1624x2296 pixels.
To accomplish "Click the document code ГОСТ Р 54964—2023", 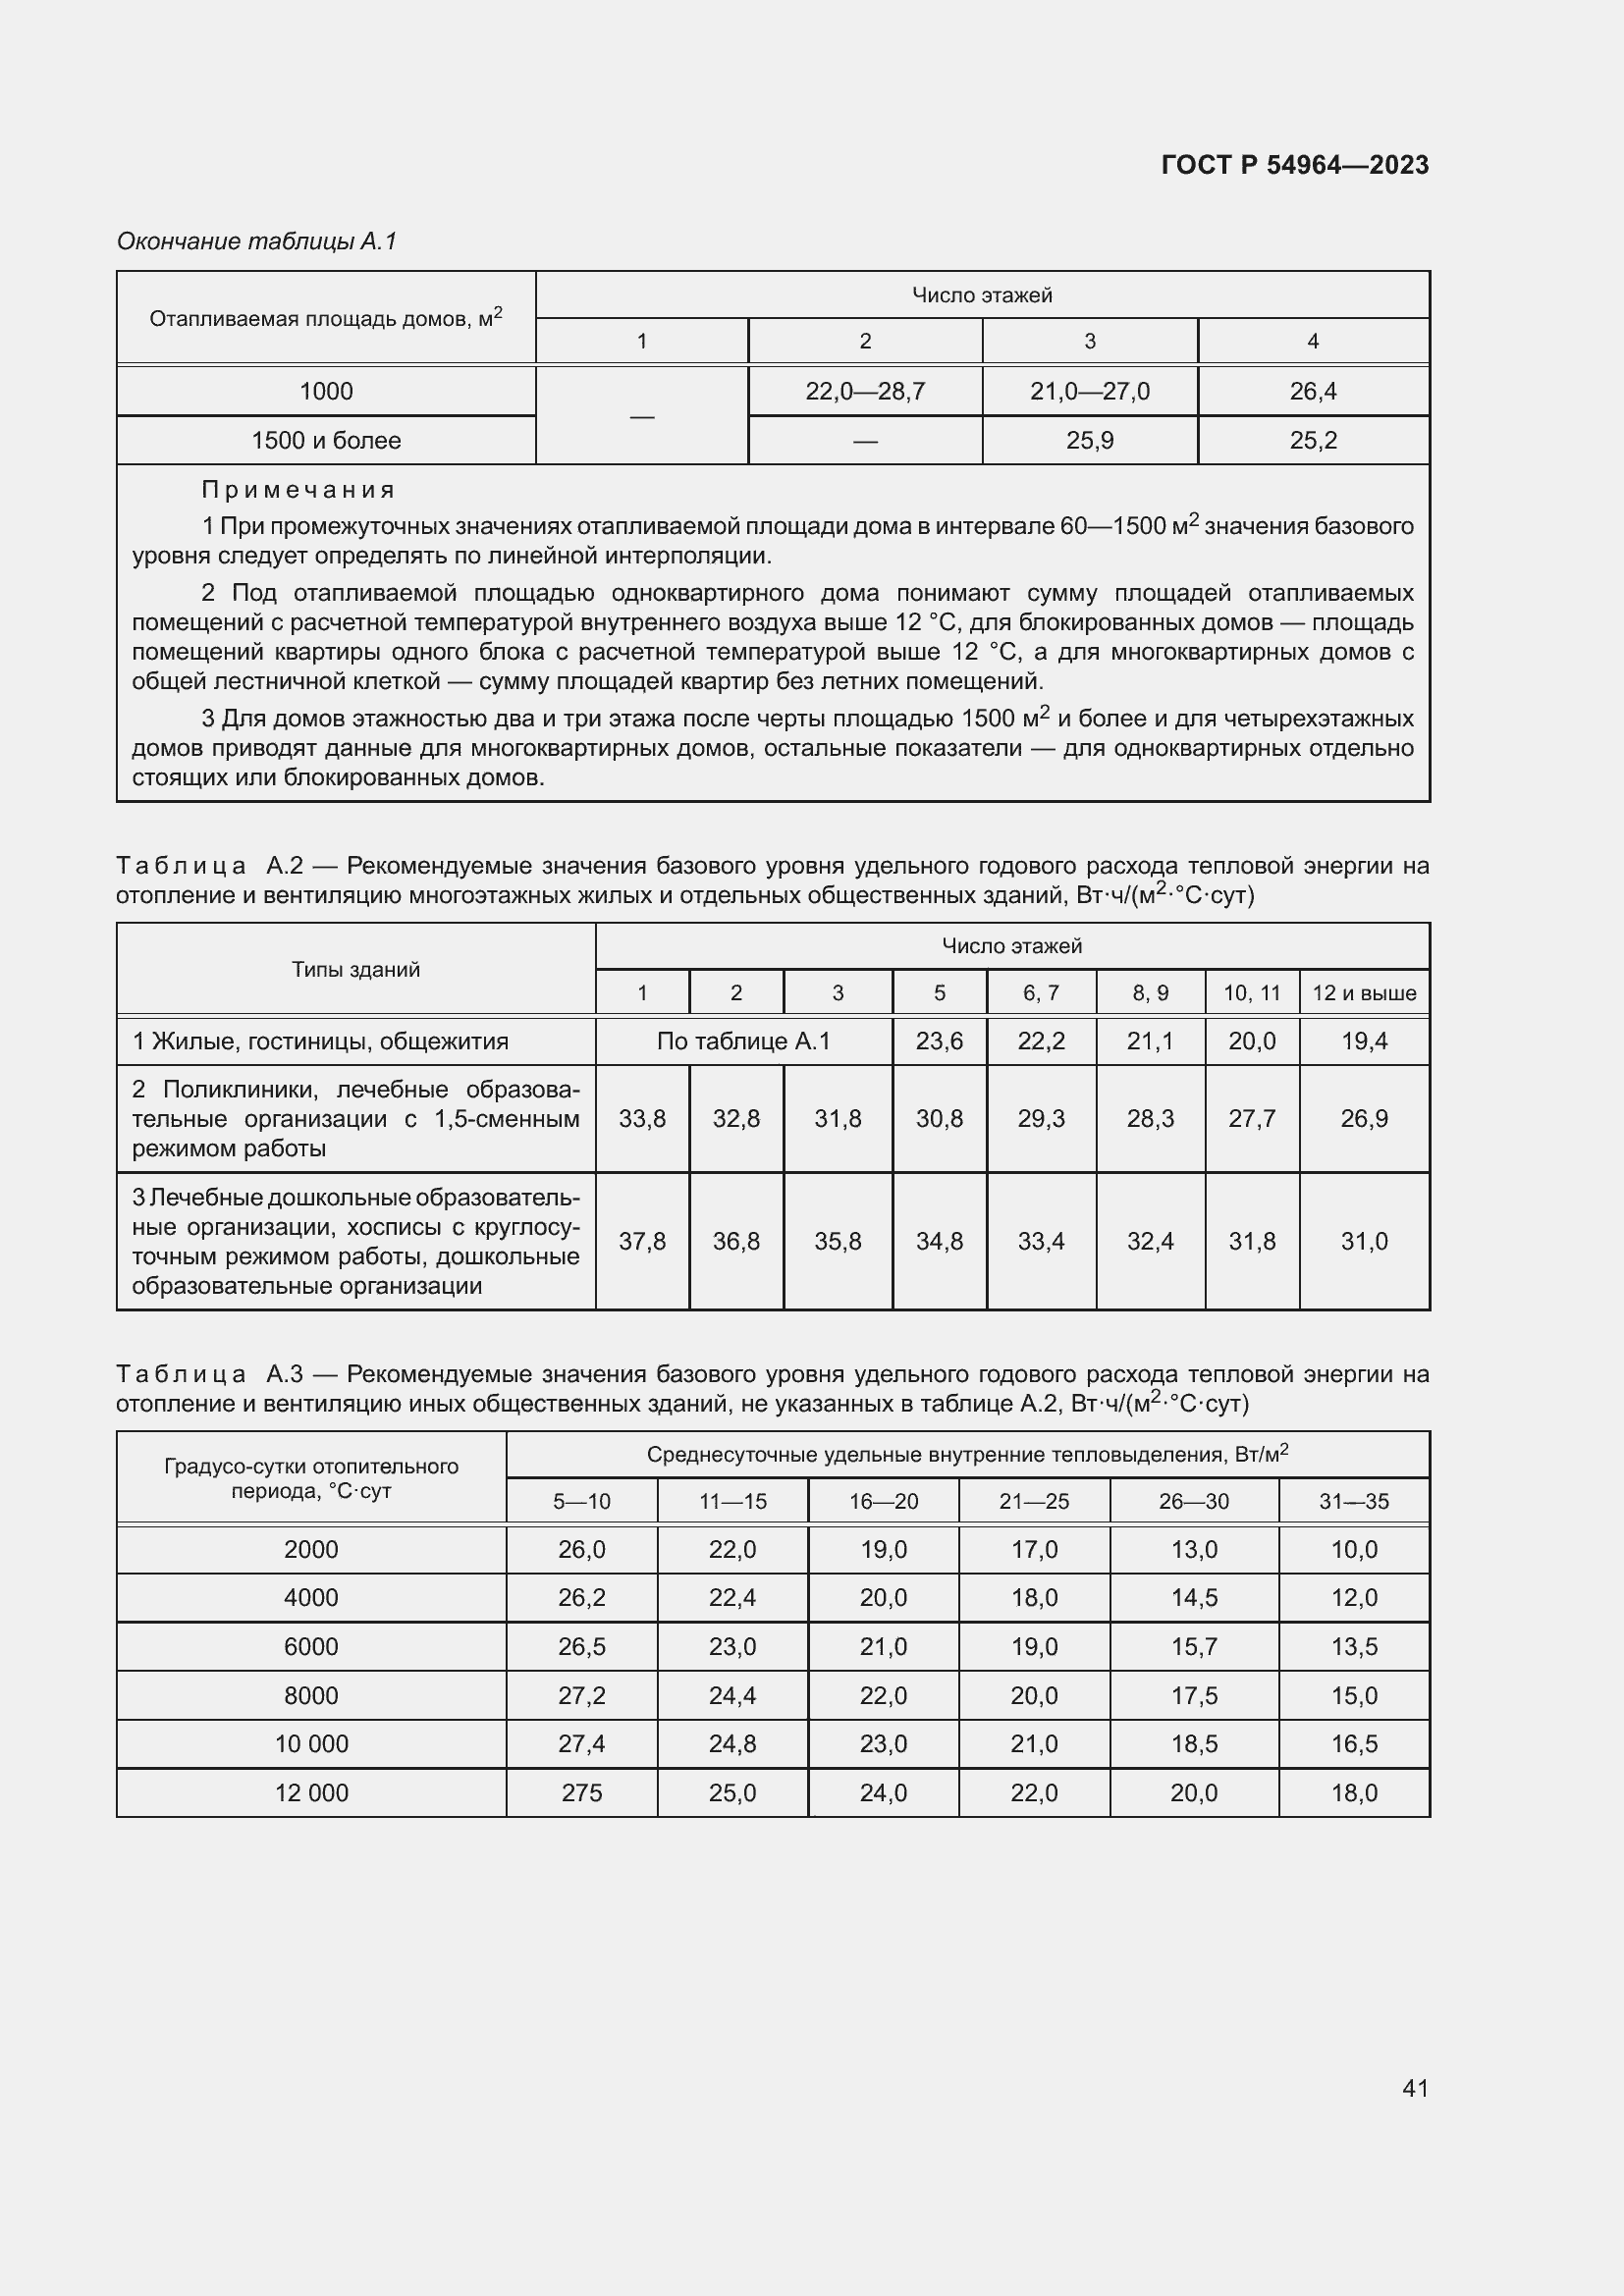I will point(1294,165).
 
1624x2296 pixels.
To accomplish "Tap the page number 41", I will point(1415,2088).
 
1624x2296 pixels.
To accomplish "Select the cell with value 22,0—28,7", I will point(865,391).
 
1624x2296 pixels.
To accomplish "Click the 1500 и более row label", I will point(326,440).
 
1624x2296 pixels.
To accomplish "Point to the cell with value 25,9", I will point(1089,440).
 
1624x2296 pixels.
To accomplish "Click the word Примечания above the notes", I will point(298,490).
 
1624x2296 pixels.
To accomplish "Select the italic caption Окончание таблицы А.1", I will point(257,241).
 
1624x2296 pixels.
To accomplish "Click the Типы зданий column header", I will point(356,969).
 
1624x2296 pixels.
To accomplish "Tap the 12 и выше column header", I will point(1364,993).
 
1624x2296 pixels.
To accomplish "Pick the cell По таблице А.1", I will point(743,1041).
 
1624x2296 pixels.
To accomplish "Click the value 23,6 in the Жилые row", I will point(939,1041).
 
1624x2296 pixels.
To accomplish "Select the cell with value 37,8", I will point(642,1241).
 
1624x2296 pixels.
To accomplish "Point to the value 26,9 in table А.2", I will point(1364,1118).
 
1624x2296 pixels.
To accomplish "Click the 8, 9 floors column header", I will point(1150,993).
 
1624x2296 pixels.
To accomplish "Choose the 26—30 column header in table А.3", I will point(1194,1501).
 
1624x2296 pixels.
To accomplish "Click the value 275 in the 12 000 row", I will point(581,1793).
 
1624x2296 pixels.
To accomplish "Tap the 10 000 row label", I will point(311,1744).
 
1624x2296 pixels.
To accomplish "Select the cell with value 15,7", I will point(1194,1646).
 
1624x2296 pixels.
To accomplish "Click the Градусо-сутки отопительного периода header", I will point(311,1478).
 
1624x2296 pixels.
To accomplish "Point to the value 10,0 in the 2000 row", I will point(1354,1549).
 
